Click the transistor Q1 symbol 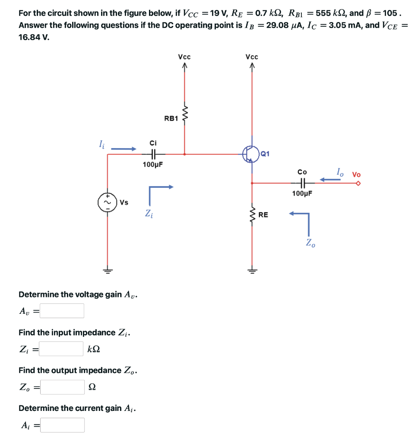pos(250,154)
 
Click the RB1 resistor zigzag pos(185,114)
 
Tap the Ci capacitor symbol pos(153,154)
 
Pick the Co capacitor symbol pos(302,183)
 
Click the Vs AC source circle pos(108,202)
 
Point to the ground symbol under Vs pos(108,271)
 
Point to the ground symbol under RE pos(252,271)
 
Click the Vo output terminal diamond pos(358,183)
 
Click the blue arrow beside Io pos(330,179)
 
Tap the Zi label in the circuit pos(148,213)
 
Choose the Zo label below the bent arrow pos(310,243)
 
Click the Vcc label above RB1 pos(184,57)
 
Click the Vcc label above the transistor pos(251,57)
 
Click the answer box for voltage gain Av pos(62,311)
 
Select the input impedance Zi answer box pos(61,349)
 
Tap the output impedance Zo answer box pos(63,387)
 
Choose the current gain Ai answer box pos(63,425)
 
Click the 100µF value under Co pos(302,193)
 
